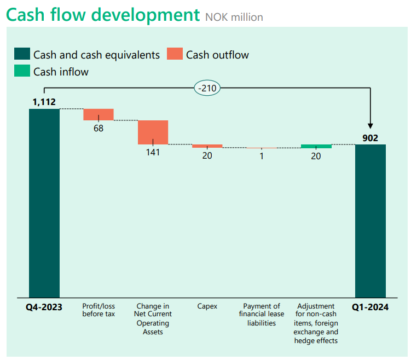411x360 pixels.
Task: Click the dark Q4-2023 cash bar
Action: (x=44, y=203)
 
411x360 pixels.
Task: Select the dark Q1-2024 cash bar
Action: (x=371, y=221)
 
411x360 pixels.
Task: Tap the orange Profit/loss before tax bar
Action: (x=99, y=114)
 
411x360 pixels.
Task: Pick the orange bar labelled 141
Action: (x=153, y=132)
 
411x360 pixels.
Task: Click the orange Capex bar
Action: (x=207, y=146)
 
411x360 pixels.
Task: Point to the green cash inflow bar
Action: (x=316, y=146)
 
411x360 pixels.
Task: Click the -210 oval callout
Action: (x=207, y=88)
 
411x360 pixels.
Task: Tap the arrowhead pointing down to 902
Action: (x=370, y=126)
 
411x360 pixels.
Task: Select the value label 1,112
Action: (x=44, y=102)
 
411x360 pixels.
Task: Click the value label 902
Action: (x=370, y=138)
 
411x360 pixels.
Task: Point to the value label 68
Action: (x=99, y=129)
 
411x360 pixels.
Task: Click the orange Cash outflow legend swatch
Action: (x=175, y=54)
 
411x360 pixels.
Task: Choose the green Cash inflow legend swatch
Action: (x=22, y=71)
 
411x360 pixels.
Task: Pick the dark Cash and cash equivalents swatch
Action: (x=22, y=54)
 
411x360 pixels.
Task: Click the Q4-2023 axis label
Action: (x=44, y=307)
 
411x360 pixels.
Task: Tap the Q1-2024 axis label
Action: (x=370, y=307)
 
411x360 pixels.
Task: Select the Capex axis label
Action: (x=207, y=306)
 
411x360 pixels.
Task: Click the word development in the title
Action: (x=146, y=15)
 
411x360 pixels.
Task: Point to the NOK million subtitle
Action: (x=234, y=18)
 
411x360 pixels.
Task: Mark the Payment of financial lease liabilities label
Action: (x=262, y=315)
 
